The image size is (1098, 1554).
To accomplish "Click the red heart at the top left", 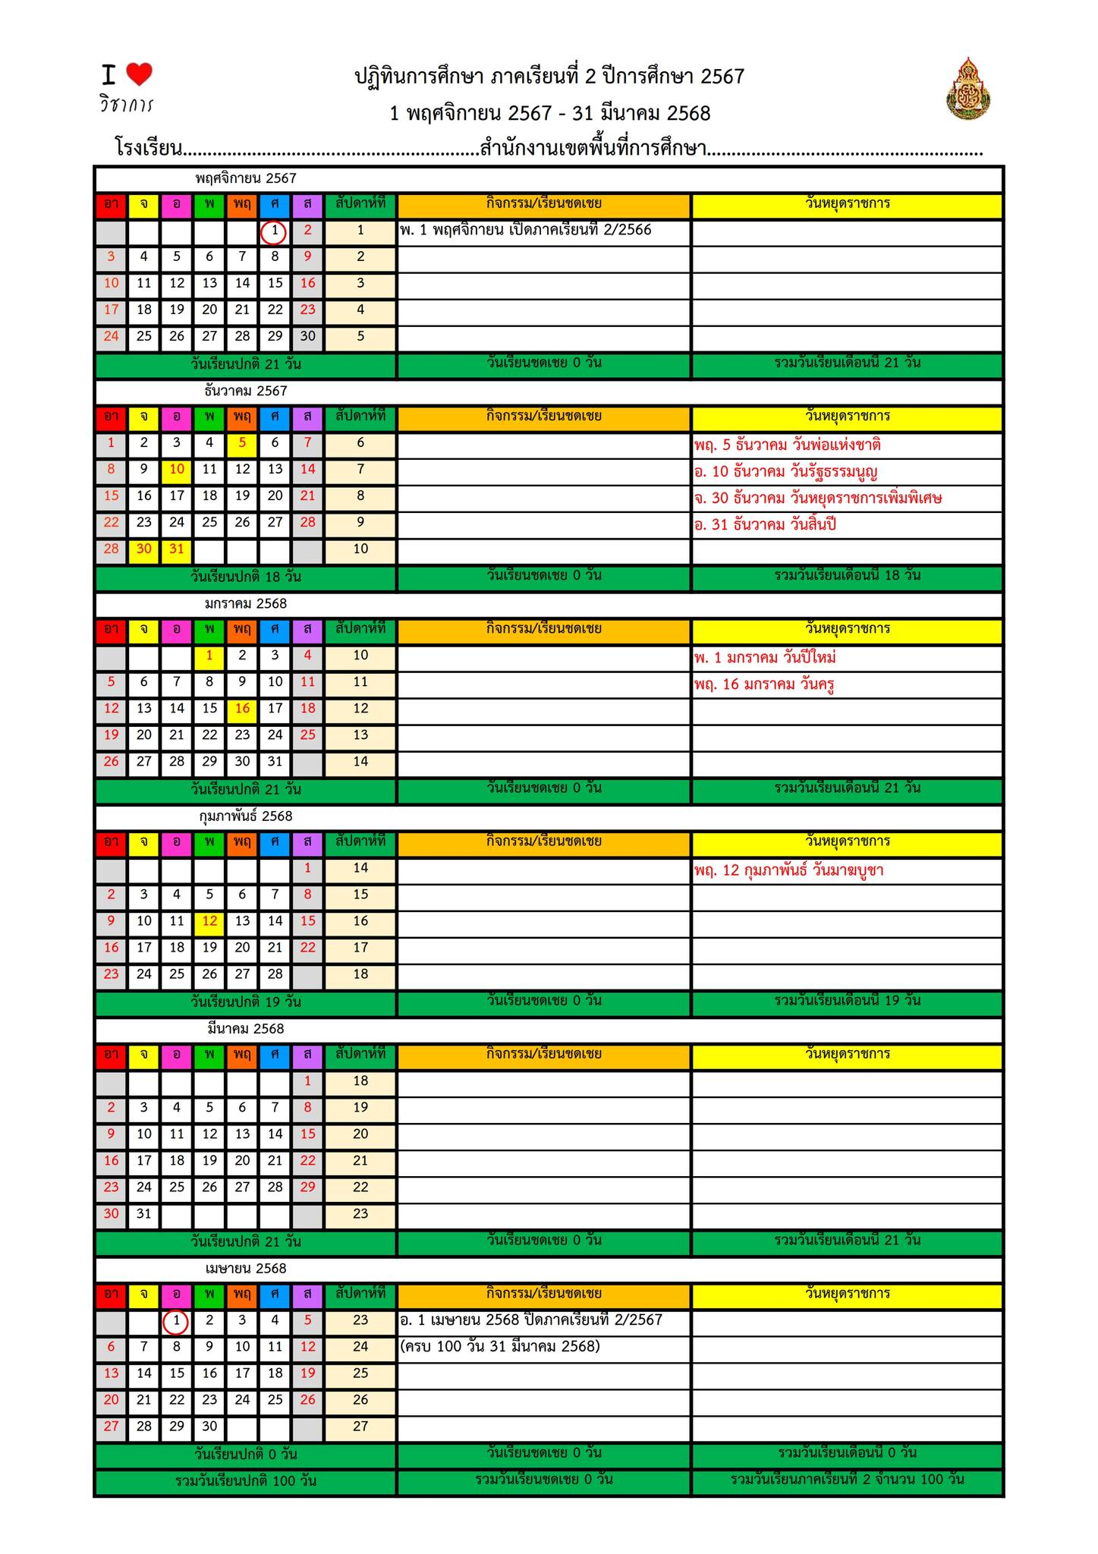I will (x=139, y=74).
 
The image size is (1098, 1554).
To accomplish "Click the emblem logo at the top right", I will (x=969, y=89).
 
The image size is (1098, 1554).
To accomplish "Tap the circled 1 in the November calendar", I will (x=274, y=231).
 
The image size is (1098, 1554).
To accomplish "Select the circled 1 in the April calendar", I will (x=176, y=1321).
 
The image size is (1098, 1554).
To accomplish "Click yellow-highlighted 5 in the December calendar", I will (x=242, y=443).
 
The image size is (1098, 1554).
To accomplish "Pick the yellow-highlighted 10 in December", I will (x=177, y=470).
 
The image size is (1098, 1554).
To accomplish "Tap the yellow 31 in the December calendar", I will (x=177, y=549).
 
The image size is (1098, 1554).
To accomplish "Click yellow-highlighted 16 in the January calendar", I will (x=242, y=709).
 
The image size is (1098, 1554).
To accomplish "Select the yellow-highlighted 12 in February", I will (x=209, y=921).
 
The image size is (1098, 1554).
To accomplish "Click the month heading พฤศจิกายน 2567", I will (x=245, y=179).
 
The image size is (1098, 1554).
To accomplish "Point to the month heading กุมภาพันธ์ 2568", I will (x=245, y=816).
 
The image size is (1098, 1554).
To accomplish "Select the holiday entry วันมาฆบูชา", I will (x=788, y=870).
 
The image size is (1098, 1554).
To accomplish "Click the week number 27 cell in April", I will (x=360, y=1427).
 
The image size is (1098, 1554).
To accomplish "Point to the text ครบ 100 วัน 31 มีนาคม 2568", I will (x=499, y=1347).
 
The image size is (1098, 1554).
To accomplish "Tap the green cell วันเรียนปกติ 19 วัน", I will (x=245, y=1002).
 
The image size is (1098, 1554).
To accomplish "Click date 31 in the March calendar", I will (x=144, y=1214).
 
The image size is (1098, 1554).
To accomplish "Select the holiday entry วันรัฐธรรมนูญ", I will (x=785, y=472).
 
